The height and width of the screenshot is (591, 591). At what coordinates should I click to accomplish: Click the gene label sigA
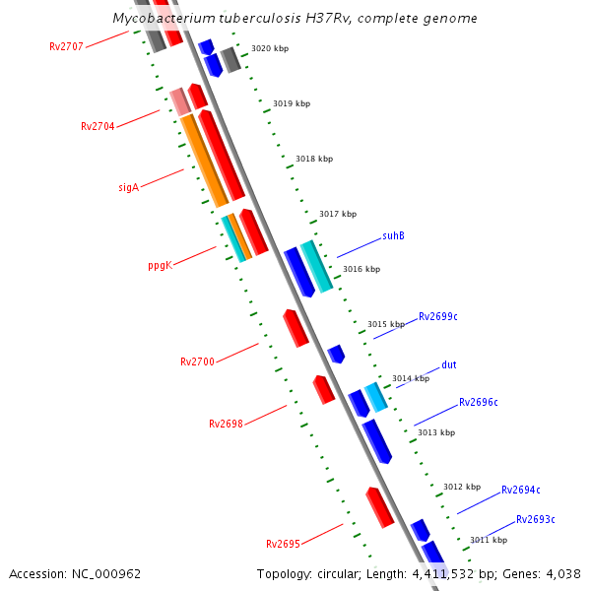tap(128, 186)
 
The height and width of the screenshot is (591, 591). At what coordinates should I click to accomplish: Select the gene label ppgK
tap(160, 265)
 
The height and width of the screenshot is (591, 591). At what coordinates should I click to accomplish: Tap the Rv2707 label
tap(67, 46)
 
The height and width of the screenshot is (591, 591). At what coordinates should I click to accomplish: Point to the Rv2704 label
tap(98, 126)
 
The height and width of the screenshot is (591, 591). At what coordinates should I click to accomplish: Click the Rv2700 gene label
tap(197, 361)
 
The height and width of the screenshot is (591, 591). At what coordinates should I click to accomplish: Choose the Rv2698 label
tap(226, 424)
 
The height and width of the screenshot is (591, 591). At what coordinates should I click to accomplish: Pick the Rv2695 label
tap(283, 544)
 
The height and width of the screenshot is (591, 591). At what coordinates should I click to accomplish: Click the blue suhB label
tap(393, 236)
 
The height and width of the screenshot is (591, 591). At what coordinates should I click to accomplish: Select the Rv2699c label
tap(438, 316)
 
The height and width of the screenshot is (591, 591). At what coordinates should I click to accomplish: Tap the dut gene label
tap(448, 364)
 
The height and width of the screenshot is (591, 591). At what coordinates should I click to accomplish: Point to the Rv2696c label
tap(479, 402)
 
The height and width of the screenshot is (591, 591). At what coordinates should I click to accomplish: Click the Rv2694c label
tap(521, 490)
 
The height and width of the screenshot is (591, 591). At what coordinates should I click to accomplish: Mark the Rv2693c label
tap(536, 519)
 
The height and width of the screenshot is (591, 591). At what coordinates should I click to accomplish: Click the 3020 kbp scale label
tap(270, 48)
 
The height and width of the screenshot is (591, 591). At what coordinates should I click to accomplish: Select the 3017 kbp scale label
tap(338, 214)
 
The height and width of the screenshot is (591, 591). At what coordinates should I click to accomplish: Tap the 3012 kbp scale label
tap(462, 487)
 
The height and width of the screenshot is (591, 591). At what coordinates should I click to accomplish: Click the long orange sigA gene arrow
tap(204, 161)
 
